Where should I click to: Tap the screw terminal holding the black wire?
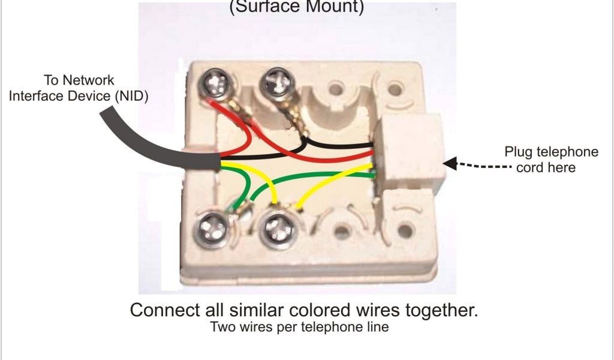[x=277, y=80]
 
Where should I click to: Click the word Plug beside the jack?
[x=518, y=152]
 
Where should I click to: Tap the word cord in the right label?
[x=529, y=167]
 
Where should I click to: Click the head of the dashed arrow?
[x=448, y=162]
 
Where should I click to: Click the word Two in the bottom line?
[x=221, y=328]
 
